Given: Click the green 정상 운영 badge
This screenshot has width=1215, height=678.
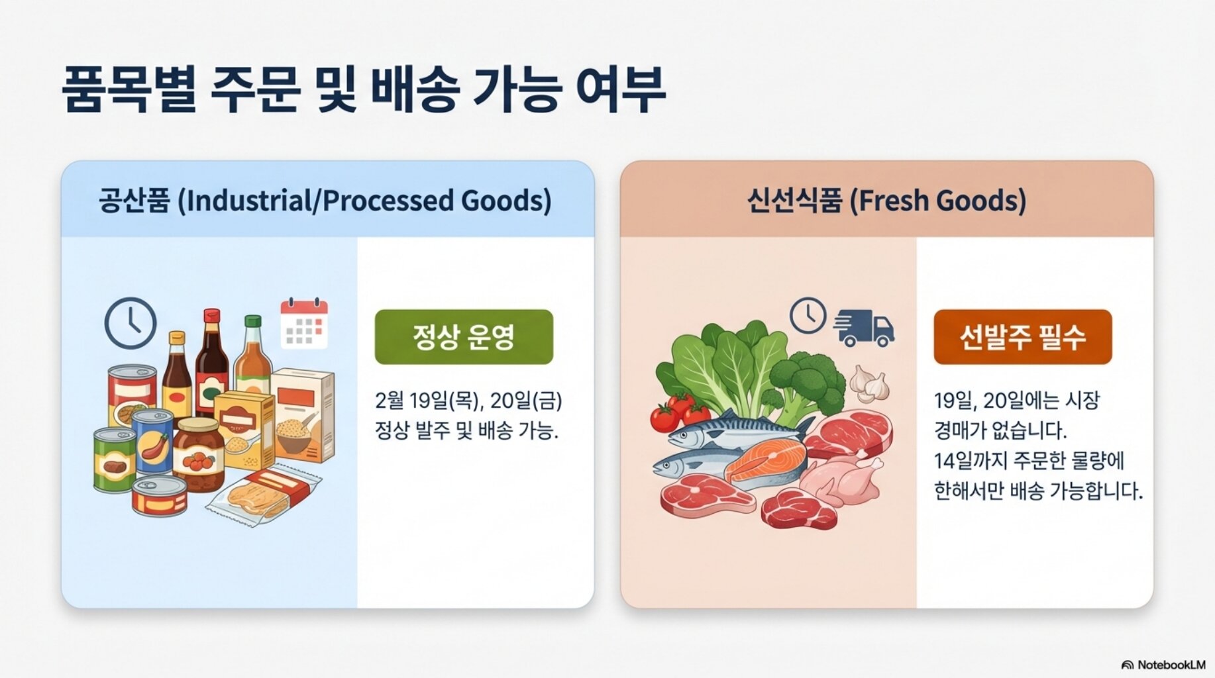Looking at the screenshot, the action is pyautogui.click(x=464, y=336).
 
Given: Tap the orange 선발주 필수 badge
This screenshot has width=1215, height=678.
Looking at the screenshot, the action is pyautogui.click(x=1022, y=336).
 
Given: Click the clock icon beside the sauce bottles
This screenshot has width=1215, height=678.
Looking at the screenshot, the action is pyautogui.click(x=131, y=324).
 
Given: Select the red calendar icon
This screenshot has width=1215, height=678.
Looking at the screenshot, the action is pyautogui.click(x=304, y=323).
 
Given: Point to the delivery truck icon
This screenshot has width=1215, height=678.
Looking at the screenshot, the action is pyautogui.click(x=864, y=327).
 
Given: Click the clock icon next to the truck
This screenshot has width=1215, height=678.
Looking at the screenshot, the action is pyautogui.click(x=808, y=315).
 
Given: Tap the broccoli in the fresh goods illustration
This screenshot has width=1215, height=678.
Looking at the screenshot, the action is pyautogui.click(x=806, y=387).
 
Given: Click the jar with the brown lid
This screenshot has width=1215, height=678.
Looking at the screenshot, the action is pyautogui.click(x=198, y=454).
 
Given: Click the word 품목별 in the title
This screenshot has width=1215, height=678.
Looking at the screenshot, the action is pyautogui.click(x=129, y=89).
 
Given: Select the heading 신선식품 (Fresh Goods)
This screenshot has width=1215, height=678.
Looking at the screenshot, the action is pyautogui.click(x=886, y=200).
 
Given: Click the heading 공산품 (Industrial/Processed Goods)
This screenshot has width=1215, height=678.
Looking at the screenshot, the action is pyautogui.click(x=325, y=200).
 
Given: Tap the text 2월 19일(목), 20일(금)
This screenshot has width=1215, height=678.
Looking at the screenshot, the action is pyautogui.click(x=468, y=401).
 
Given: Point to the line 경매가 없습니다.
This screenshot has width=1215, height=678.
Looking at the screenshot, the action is pyautogui.click(x=1000, y=430).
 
